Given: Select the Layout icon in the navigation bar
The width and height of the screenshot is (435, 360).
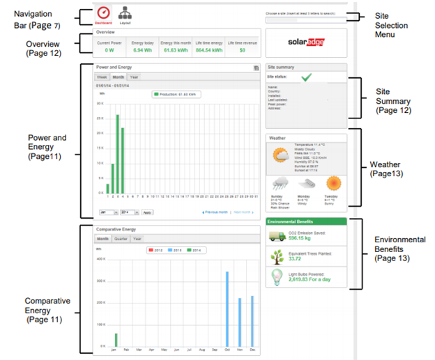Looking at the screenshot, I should pyautogui.click(x=125, y=13).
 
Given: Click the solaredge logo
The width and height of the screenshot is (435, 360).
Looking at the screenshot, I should pyautogui.click(x=307, y=42).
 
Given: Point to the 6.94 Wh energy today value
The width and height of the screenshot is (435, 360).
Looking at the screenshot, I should pyautogui.click(x=142, y=50).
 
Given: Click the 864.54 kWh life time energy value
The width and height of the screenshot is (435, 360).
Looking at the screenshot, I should pyautogui.click(x=208, y=50).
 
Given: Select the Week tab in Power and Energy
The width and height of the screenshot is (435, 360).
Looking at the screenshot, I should pyautogui.click(x=102, y=77).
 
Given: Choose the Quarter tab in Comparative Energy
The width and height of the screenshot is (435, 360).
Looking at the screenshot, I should pyautogui.click(x=121, y=238).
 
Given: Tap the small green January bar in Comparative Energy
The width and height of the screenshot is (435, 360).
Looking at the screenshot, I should pyautogui.click(x=116, y=340).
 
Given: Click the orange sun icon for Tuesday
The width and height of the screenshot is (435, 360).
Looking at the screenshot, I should pyautogui.click(x=334, y=184).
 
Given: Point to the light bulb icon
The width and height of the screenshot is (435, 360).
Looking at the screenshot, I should pyautogui.click(x=277, y=278).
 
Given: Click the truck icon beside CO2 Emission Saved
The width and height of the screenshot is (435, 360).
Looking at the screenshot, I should pyautogui.click(x=277, y=235).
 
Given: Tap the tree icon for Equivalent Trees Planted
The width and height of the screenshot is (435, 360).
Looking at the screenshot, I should pyautogui.click(x=277, y=257).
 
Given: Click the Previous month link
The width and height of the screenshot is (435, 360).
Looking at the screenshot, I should pyautogui.click(x=214, y=212).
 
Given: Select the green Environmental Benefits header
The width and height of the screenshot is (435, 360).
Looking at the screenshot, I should pyautogui.click(x=306, y=221).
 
